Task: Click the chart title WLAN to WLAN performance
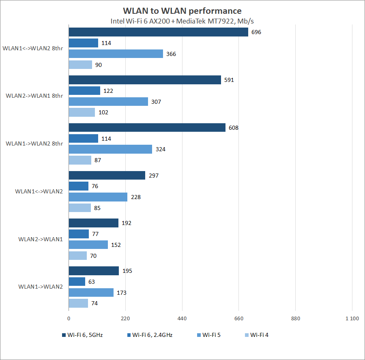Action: [x=182, y=11]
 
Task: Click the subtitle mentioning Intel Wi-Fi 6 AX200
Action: [x=182, y=21]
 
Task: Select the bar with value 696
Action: [x=158, y=32]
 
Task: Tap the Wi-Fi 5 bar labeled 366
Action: [x=116, y=54]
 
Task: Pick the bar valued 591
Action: [x=145, y=80]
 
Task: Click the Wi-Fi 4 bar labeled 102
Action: [x=82, y=112]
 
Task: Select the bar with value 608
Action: [x=147, y=128]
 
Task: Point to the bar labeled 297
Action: [x=107, y=175]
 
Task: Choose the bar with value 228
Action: [x=98, y=197]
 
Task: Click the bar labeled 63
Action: [x=77, y=281]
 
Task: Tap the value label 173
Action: [x=121, y=292]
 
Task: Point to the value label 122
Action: [x=108, y=91]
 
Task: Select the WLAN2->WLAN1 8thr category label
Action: [x=34, y=96]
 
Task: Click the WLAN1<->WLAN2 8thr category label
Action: [x=33, y=48]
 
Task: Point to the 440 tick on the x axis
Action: [x=182, y=319]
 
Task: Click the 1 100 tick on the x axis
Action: [x=352, y=319]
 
